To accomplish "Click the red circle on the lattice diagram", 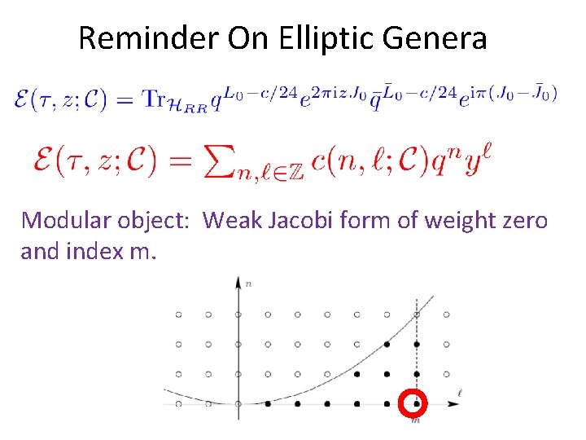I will coord(416,403).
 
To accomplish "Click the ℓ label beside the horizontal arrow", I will coord(461,395).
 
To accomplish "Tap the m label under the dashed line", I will coord(416,420).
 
